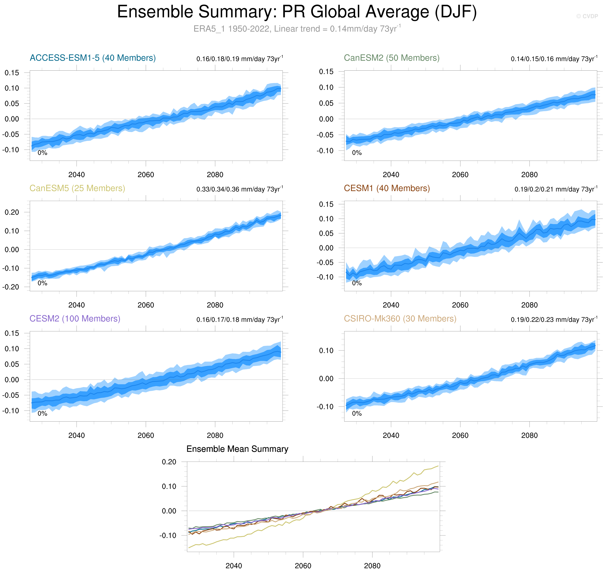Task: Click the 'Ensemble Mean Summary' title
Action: tap(237, 449)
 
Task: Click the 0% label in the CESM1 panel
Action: tap(357, 283)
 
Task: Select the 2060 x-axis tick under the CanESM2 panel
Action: tap(460, 175)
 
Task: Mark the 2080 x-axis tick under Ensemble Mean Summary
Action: tap(372, 566)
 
